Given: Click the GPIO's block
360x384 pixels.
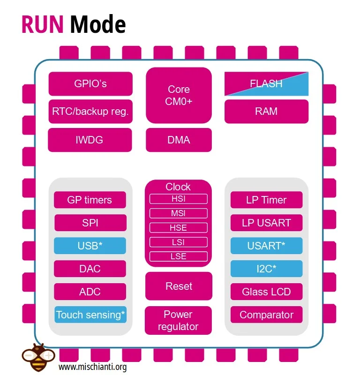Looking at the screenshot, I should point(90,84).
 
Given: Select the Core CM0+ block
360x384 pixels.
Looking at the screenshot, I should point(179,95).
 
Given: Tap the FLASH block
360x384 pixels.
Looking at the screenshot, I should point(266,84).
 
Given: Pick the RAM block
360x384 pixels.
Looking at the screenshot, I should point(266,112).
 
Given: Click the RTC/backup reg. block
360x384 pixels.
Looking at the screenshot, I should point(90,112).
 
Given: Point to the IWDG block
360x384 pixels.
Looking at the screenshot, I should point(90,140).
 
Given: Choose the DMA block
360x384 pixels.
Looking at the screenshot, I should point(179,140).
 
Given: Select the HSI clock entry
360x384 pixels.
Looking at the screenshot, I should point(178,199).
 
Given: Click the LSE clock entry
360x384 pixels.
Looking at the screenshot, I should point(178,256).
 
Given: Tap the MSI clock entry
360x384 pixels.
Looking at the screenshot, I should point(178,213).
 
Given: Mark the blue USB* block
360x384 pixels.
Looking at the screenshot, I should point(90,246).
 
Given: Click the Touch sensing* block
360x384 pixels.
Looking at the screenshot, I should point(90,315).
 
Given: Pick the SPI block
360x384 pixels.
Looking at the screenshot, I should point(90,223).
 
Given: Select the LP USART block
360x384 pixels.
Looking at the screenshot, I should point(266,223).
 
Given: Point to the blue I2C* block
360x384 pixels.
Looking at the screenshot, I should point(266,269).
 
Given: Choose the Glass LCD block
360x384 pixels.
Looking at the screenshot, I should point(266,292).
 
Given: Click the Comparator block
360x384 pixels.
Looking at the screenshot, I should point(266,315).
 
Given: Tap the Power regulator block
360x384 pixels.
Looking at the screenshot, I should point(178,320).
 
